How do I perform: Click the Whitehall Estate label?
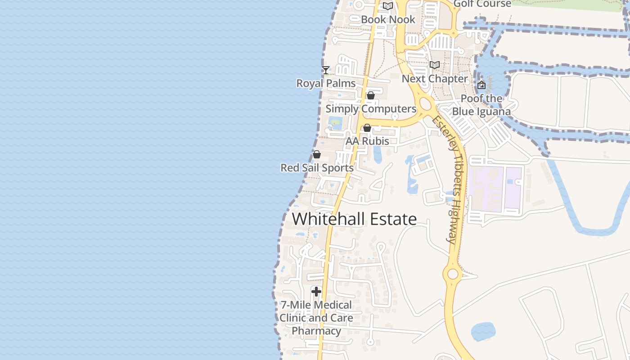[355, 219]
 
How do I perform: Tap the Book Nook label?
[388, 20]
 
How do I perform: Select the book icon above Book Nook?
[388, 6]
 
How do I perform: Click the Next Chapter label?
[435, 79]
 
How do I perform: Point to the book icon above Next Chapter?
[434, 65]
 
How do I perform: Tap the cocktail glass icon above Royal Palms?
[326, 70]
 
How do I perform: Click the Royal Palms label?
[326, 83]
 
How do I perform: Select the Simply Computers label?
[371, 109]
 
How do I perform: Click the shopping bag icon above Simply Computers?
[371, 95]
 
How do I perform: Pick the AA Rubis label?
[367, 141]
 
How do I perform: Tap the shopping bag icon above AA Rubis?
[367, 128]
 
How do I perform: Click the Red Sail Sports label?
[317, 168]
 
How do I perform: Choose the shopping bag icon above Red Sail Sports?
[317, 154]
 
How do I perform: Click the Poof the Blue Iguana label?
[481, 105]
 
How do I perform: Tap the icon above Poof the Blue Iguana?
[481, 85]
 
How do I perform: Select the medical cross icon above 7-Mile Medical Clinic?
[316, 292]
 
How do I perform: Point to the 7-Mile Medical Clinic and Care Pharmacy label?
[316, 318]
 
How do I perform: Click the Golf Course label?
[482, 4]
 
